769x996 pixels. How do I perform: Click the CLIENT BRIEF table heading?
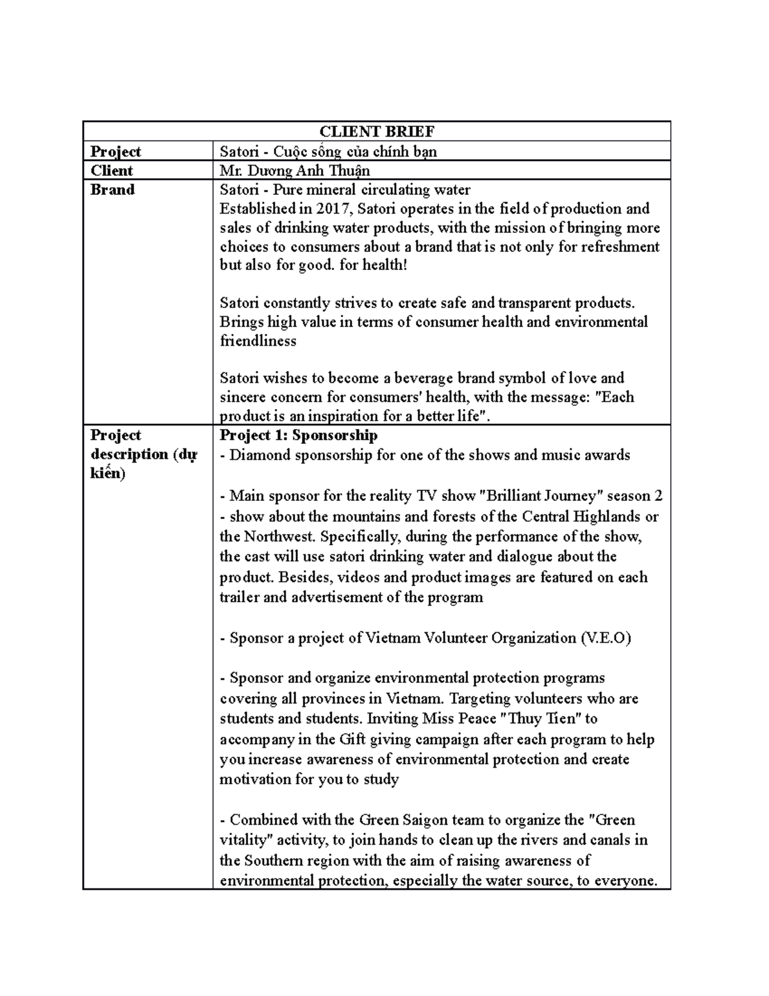[377, 132]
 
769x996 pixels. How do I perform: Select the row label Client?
[112, 171]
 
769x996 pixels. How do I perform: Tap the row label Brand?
[113, 190]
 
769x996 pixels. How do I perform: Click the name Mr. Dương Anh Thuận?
[295, 171]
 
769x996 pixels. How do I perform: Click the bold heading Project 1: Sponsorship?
[299, 435]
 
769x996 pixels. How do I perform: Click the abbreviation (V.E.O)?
[605, 638]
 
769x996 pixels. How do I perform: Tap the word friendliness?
[258, 341]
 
